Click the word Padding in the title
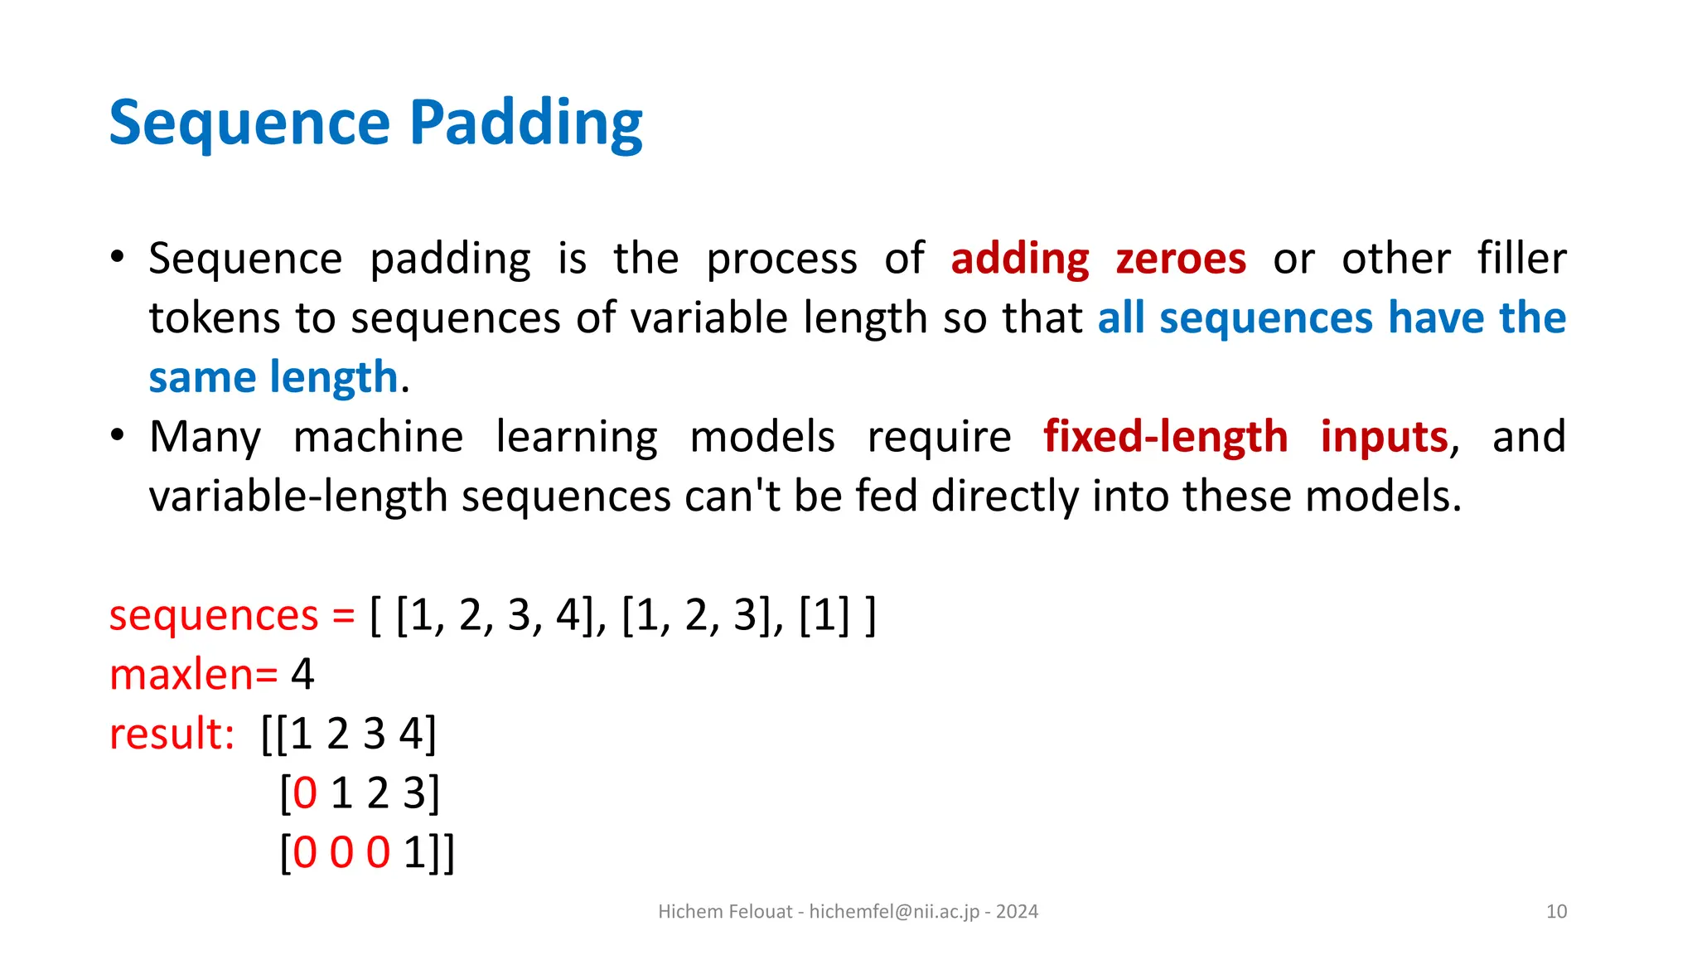525,123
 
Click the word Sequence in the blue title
249,123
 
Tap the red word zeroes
1181,259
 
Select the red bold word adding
1019,259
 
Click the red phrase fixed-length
1165,437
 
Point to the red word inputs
1384,437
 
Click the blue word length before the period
334,378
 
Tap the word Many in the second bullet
205,437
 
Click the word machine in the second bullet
378,437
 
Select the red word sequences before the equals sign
214,616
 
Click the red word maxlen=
193,675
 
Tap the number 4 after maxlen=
302,675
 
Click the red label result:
172,734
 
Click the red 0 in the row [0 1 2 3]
305,793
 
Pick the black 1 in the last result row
414,853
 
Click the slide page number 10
1556,912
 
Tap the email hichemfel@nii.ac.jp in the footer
894,912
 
